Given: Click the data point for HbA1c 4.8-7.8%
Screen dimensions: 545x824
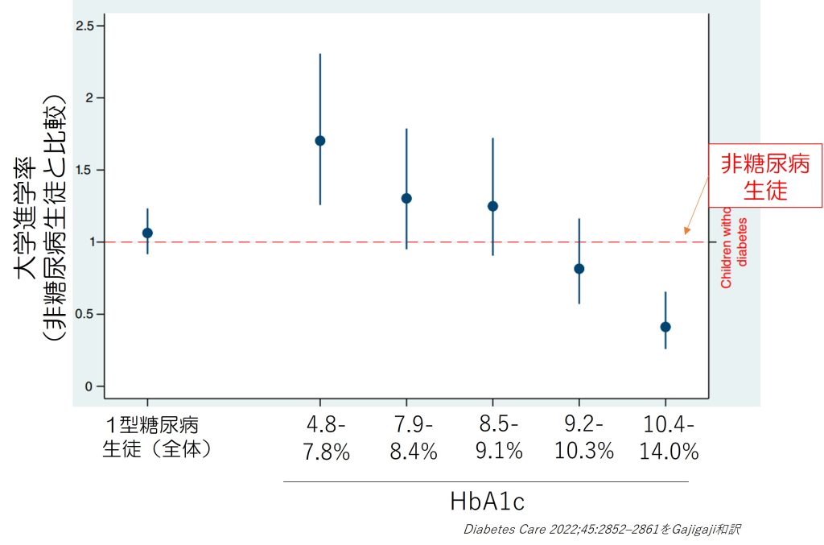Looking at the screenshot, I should point(320,140).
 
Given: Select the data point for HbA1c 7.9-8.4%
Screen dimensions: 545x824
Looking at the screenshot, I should point(406,198).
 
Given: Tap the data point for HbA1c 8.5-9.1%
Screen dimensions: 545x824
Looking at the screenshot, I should point(492,206).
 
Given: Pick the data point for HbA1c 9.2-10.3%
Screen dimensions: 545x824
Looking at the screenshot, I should point(579,269).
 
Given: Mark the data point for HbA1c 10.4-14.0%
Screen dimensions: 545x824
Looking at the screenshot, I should point(665,327).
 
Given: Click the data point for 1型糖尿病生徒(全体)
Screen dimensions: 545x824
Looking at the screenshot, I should point(147,233).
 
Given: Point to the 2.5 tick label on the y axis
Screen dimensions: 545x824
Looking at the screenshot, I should point(84,26).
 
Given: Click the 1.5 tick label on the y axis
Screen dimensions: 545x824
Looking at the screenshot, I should point(84,170).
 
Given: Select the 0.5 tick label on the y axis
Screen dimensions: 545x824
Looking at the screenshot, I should point(84,314).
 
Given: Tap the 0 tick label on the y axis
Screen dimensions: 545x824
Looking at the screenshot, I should point(89,386).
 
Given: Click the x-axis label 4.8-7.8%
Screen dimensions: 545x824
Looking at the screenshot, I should point(326,438).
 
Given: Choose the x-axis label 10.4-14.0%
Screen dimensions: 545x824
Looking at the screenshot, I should point(669,438).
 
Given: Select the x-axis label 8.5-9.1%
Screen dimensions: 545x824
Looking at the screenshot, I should point(498,438).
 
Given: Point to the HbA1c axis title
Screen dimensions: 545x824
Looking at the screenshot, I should point(487,502).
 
